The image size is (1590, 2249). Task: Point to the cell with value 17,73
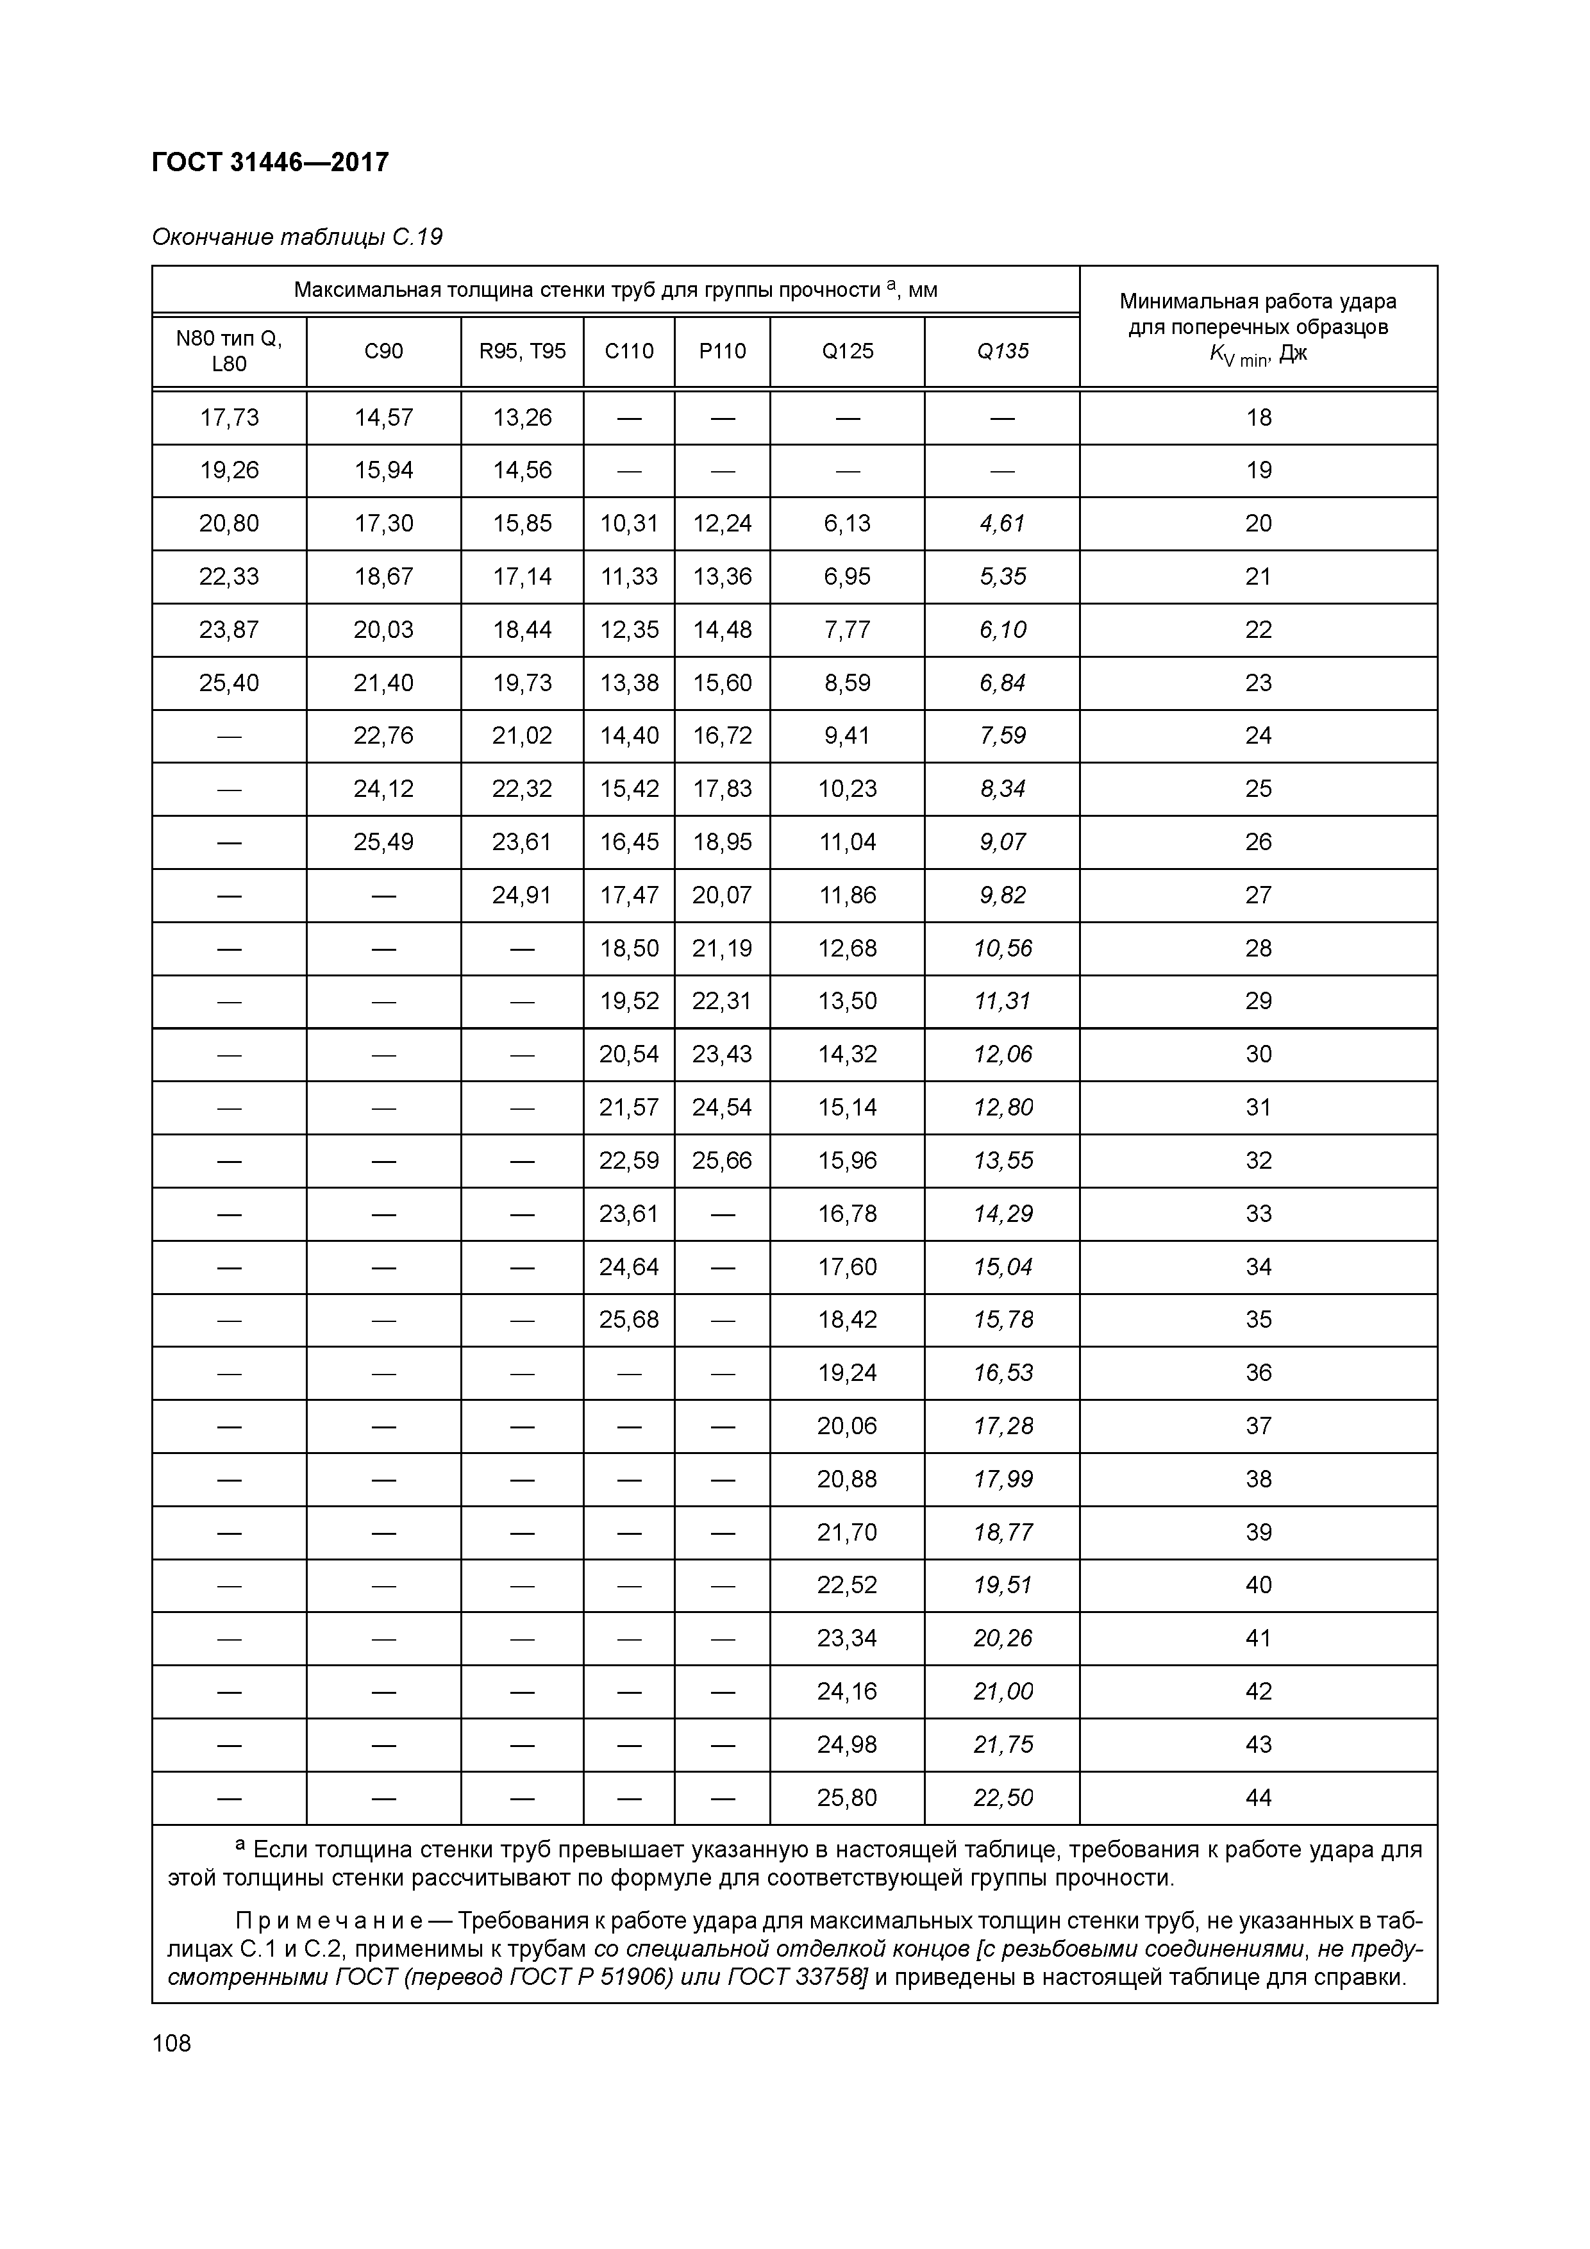coord(230,418)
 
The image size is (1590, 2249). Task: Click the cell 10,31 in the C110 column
coord(629,524)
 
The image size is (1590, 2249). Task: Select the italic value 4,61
coord(1002,524)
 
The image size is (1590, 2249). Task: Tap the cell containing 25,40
coord(230,683)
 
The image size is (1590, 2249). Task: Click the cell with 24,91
coord(522,895)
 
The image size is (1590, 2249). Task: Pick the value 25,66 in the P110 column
coord(722,1161)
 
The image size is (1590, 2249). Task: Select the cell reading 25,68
coord(629,1319)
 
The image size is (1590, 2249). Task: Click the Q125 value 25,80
coord(848,1798)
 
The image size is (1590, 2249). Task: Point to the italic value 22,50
coord(1002,1798)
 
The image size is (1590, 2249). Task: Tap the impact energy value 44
coord(1258,1798)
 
